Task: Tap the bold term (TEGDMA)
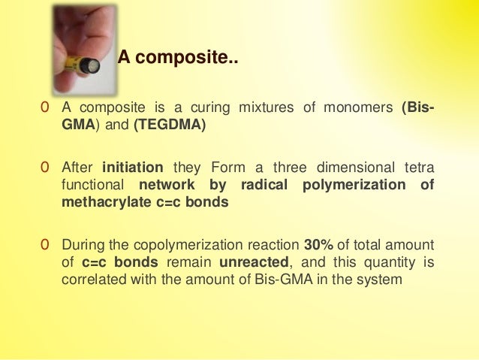click(x=169, y=125)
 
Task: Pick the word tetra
click(x=417, y=167)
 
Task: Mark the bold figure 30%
click(x=318, y=245)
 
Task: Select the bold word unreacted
click(x=248, y=263)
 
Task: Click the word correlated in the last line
click(x=92, y=280)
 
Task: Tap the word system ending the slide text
click(x=383, y=280)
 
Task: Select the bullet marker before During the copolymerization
click(x=46, y=246)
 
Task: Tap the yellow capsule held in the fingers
click(x=82, y=66)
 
